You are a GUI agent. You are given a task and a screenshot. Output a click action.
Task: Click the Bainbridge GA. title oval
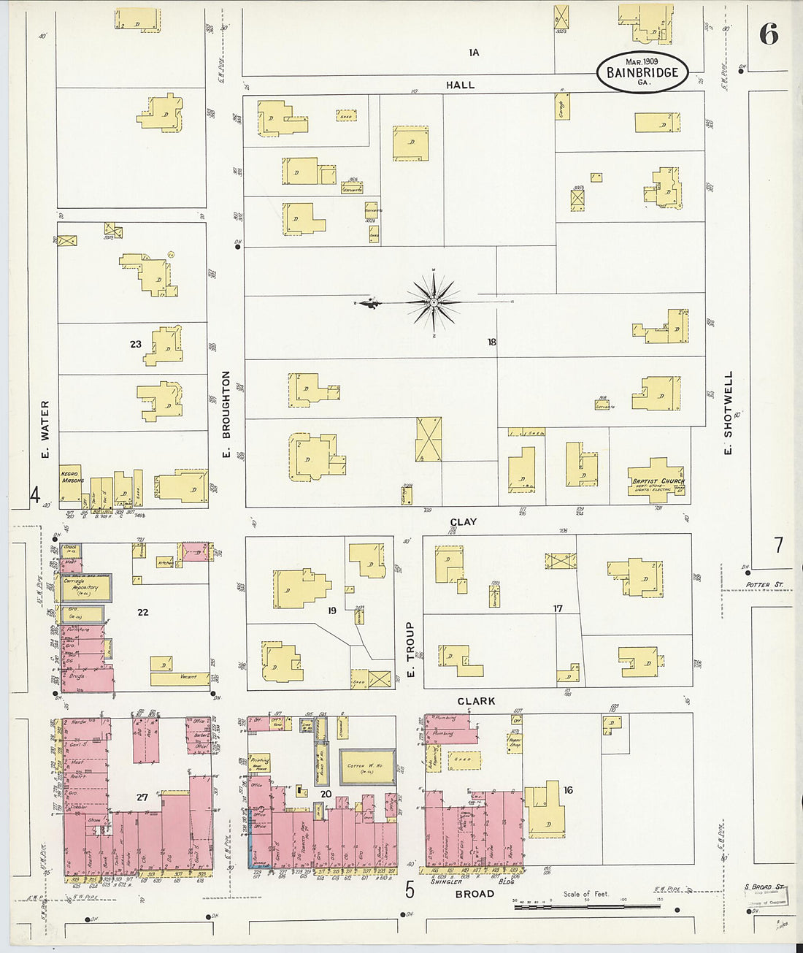642,72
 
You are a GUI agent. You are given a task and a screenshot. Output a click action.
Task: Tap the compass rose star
434,302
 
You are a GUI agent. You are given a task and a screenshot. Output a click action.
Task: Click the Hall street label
460,85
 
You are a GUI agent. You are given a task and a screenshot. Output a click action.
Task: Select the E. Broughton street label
226,416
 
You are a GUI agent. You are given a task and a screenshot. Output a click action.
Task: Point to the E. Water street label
45,430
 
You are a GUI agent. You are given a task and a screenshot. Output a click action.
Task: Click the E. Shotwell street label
728,414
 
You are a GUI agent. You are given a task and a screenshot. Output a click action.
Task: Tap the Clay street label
464,522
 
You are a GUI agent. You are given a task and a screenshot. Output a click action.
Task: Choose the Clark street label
476,701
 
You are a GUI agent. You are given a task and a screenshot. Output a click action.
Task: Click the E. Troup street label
410,649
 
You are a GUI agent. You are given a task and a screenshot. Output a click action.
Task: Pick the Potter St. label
764,585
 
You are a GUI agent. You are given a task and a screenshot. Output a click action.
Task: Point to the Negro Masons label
71,478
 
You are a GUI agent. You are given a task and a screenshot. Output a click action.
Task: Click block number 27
142,797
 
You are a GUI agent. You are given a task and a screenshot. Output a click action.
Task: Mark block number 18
492,342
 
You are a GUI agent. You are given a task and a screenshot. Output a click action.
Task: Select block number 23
136,344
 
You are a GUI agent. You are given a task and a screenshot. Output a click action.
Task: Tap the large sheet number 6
768,34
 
